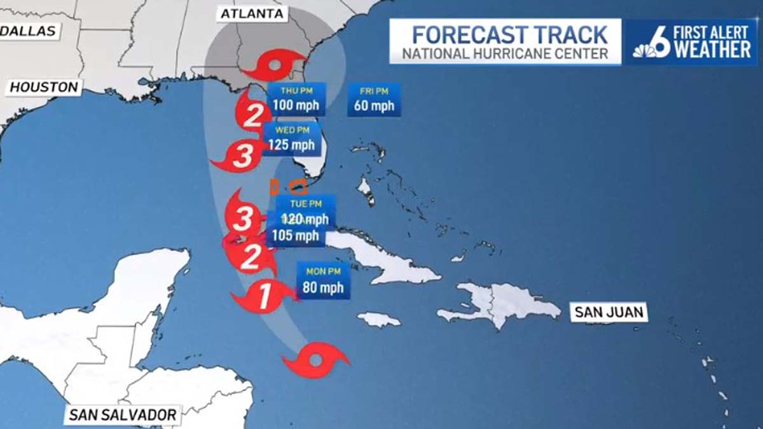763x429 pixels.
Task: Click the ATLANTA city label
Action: (253, 14)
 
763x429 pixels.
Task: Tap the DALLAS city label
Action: (28, 31)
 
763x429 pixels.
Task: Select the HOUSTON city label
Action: (44, 88)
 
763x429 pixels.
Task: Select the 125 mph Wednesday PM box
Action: (291, 139)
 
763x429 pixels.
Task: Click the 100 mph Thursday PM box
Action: (296, 100)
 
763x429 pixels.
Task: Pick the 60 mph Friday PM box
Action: (374, 100)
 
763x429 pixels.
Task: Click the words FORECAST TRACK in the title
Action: (505, 33)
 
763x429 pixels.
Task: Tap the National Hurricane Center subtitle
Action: (505, 54)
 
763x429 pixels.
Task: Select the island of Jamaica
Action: (379, 319)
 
